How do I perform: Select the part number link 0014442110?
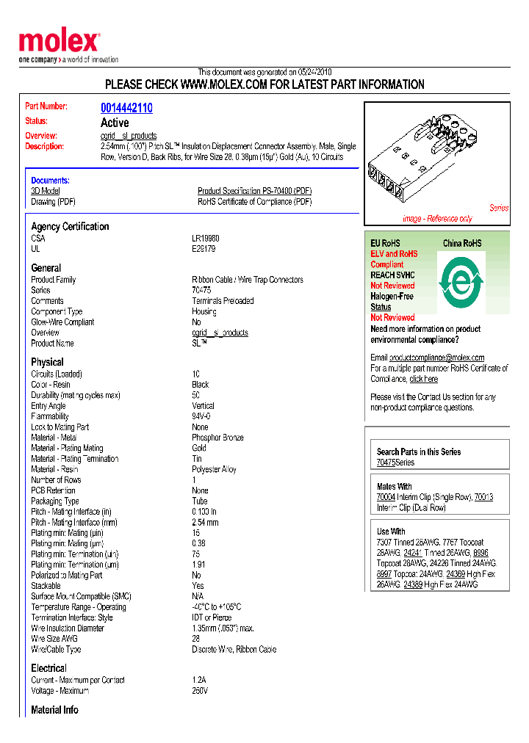(126, 108)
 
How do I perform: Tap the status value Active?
(115, 123)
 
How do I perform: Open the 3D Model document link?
(45, 191)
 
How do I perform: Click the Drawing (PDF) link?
(53, 202)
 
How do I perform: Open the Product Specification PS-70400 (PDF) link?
(254, 191)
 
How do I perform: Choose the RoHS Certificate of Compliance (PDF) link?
(254, 202)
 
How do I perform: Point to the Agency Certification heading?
(70, 226)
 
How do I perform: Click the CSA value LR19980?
(206, 239)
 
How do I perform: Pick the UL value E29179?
(204, 249)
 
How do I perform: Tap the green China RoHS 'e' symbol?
(461, 282)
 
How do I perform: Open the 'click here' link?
(423, 379)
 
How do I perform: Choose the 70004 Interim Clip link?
(386, 497)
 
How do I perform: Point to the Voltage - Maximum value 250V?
(200, 691)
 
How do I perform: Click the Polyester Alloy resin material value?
(214, 469)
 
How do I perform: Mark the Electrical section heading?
(48, 668)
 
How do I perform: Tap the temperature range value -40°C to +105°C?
(216, 607)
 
